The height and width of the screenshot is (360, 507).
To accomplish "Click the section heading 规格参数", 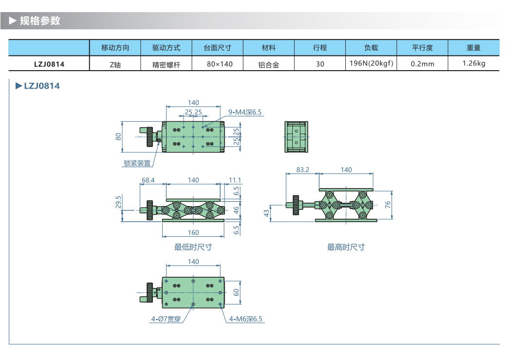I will tap(39, 20).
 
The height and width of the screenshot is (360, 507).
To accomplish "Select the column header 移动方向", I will tap(115, 48).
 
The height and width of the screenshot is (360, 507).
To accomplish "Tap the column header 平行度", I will tap(422, 48).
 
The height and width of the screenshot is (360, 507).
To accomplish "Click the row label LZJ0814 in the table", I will tap(49, 63).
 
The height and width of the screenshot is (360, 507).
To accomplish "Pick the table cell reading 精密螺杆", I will tap(166, 64).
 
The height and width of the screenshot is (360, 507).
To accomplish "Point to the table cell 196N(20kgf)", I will tap(371, 63).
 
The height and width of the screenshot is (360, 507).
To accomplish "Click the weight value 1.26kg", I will tap(473, 63).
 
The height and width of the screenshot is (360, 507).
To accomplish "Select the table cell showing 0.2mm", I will tap(422, 64).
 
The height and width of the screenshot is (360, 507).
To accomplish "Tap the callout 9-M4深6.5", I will tap(245, 113).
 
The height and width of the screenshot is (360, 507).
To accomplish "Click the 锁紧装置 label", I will tap(137, 164).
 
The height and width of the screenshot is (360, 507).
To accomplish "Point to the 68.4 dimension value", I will tap(148, 180).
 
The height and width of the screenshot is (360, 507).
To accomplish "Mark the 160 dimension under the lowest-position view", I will tap(193, 232).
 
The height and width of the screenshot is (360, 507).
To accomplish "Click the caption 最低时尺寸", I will tap(193, 247).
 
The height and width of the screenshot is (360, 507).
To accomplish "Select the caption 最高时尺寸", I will tap(346, 247).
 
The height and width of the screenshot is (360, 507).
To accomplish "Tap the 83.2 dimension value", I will tap(302, 170).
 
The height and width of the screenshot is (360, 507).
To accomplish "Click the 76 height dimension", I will tap(388, 205).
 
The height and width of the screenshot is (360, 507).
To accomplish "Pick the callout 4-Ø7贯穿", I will tap(166, 319).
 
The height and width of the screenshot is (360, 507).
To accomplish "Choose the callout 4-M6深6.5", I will tap(246, 319).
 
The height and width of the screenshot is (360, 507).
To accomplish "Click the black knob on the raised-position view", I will tap(295, 204).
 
